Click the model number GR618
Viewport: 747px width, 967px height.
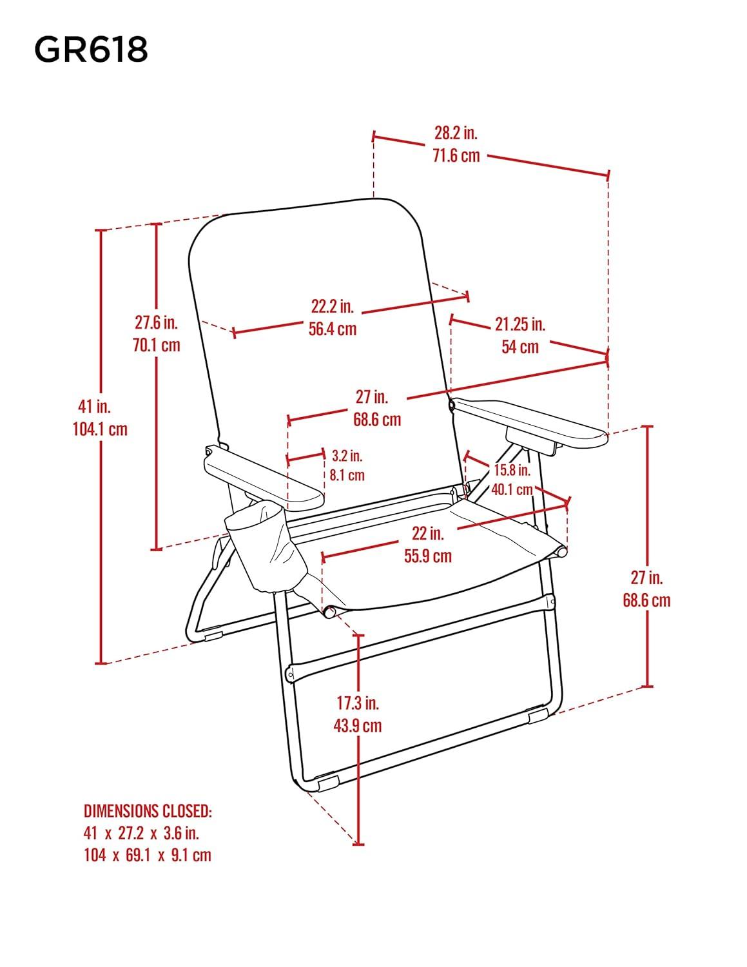point(91,49)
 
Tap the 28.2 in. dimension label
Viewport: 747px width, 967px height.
point(456,133)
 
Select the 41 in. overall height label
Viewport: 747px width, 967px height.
point(94,406)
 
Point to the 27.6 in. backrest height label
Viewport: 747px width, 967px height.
point(156,322)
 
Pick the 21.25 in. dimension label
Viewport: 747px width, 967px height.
point(520,324)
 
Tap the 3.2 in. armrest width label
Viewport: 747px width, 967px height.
point(347,456)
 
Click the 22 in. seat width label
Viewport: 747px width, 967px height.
point(428,533)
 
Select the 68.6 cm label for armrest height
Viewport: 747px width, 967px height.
point(647,600)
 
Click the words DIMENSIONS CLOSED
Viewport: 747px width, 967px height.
point(148,810)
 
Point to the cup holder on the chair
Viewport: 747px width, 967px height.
point(267,548)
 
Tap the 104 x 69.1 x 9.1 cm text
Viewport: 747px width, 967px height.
point(148,855)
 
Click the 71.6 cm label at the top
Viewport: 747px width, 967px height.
point(456,155)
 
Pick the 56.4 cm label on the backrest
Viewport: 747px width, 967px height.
point(333,328)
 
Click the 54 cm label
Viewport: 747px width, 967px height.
point(520,347)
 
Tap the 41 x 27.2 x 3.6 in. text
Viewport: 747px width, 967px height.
point(141,832)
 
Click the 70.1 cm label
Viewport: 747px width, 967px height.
point(156,344)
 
